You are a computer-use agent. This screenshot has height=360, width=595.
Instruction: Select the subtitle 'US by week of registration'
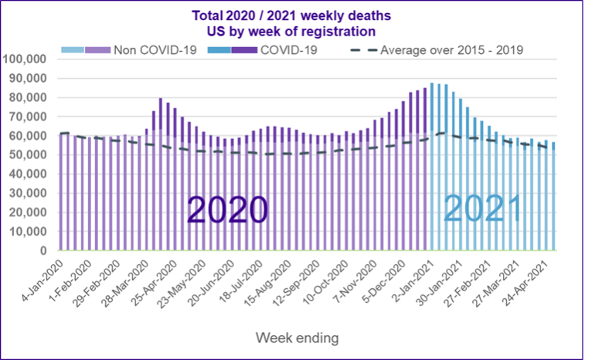point(297,32)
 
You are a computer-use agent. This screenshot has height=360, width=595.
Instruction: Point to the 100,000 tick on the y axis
point(25,59)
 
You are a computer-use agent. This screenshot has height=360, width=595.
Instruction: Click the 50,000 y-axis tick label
point(29,155)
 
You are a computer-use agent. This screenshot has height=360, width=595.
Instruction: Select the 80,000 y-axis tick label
point(29,97)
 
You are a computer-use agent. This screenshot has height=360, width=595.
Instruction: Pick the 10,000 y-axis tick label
point(29,232)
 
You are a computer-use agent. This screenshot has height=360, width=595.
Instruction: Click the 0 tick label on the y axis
point(44,251)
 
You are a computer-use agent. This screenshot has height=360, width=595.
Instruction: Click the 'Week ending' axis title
point(297,338)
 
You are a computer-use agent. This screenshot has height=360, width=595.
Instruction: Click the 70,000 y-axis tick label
point(29,117)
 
